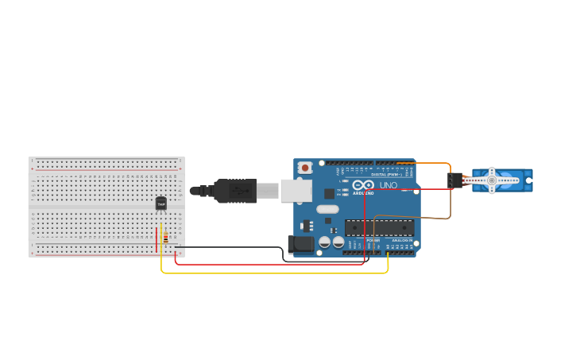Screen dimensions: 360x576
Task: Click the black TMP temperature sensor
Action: click(161, 203)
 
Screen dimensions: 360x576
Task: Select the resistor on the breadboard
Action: click(164, 237)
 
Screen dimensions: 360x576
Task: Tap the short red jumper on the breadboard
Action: click(157, 237)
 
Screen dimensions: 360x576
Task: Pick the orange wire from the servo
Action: click(429, 164)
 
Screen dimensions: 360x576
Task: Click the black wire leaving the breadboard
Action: click(238, 247)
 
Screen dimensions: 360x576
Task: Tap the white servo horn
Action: click(493, 180)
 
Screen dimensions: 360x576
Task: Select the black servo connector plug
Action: click(454, 180)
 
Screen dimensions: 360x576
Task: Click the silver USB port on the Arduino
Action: click(295, 191)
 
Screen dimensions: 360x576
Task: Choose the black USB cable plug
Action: click(234, 191)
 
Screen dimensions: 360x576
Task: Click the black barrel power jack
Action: click(302, 245)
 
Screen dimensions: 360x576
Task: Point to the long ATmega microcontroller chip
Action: click(379, 227)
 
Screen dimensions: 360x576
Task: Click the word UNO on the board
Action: click(389, 185)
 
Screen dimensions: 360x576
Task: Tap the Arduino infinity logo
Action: click(363, 185)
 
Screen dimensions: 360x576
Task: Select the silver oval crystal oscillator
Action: click(327, 210)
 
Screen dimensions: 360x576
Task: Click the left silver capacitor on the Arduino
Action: click(325, 242)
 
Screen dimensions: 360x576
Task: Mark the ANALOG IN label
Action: click(402, 240)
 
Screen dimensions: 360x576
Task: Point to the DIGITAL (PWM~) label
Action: click(387, 174)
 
